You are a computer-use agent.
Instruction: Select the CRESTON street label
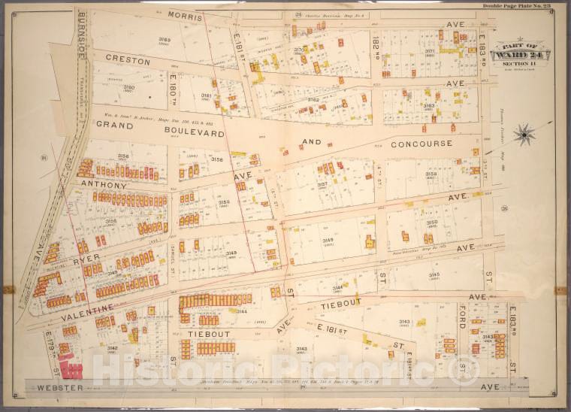(x=123, y=58)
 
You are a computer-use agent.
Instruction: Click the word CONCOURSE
(x=421, y=143)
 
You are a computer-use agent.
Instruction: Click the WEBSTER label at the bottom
(x=59, y=388)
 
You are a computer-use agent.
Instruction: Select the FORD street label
(x=463, y=318)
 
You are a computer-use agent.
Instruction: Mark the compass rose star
(x=524, y=135)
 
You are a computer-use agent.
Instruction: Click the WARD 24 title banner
(x=520, y=55)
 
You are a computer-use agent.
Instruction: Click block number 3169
(x=164, y=40)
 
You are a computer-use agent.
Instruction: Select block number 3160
(x=129, y=87)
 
